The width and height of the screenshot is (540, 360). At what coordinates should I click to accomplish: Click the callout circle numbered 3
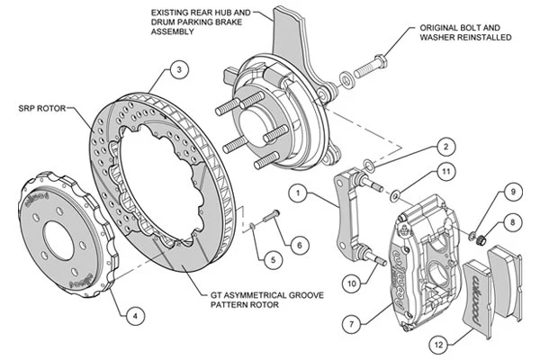pyautogui.click(x=179, y=70)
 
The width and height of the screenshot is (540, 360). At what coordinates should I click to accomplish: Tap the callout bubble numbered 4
pyautogui.click(x=135, y=315)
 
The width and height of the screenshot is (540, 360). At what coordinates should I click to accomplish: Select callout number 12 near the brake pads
pyautogui.click(x=439, y=344)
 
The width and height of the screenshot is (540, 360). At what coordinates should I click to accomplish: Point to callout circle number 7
pyautogui.click(x=352, y=324)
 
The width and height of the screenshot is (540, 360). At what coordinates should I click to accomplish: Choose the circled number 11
pyautogui.click(x=446, y=171)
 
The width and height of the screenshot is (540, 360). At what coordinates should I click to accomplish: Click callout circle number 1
pyautogui.click(x=298, y=193)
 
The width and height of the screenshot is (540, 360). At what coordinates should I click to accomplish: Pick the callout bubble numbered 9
pyautogui.click(x=513, y=192)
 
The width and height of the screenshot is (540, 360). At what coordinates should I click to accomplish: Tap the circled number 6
pyautogui.click(x=299, y=245)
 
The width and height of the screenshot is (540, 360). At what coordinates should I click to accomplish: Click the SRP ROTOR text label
pyautogui.click(x=42, y=108)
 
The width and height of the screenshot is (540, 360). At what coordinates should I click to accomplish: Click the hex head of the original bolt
pyautogui.click(x=380, y=62)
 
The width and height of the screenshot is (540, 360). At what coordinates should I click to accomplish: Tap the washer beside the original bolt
pyautogui.click(x=346, y=79)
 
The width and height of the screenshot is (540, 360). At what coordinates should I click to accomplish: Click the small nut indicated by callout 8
pyautogui.click(x=481, y=239)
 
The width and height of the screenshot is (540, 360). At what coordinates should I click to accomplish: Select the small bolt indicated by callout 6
pyautogui.click(x=272, y=215)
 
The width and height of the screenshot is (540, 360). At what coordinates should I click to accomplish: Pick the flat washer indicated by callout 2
pyautogui.click(x=369, y=165)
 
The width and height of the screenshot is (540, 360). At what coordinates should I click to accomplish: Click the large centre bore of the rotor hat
pyautogui.click(x=58, y=239)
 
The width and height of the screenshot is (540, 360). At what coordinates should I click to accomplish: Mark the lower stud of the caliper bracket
pyautogui.click(x=373, y=257)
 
